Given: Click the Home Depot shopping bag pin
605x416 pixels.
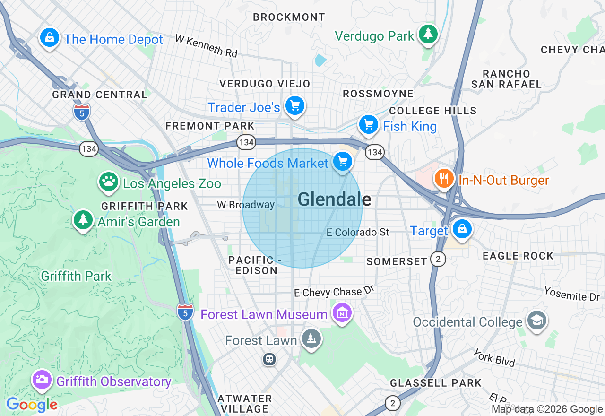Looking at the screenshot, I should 49,37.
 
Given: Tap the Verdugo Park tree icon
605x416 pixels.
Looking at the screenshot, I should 428,34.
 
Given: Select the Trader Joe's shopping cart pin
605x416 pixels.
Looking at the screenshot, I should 295,106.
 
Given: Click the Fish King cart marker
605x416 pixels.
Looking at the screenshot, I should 368,124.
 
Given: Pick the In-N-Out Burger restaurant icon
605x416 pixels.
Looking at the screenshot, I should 444,179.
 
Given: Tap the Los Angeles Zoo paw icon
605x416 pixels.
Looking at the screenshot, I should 108,181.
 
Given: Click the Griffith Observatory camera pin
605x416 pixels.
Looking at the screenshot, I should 42,379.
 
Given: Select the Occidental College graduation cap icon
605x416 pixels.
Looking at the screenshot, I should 537,321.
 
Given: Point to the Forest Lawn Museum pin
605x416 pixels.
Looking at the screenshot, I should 342,312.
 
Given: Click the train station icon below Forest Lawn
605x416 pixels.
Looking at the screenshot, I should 269,359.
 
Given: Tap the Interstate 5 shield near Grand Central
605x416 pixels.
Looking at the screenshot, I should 82,113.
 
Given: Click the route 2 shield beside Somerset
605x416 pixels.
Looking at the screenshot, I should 438,259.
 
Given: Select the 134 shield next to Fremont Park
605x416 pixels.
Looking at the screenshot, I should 246,142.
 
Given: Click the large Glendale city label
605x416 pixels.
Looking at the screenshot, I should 334,199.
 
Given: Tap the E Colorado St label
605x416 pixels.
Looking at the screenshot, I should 358,232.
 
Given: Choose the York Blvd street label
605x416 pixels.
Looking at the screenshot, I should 494,358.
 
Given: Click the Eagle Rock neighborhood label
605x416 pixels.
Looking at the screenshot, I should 518,256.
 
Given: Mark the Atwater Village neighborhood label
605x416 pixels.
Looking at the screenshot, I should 245,403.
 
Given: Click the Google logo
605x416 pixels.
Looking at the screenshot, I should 32,405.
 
